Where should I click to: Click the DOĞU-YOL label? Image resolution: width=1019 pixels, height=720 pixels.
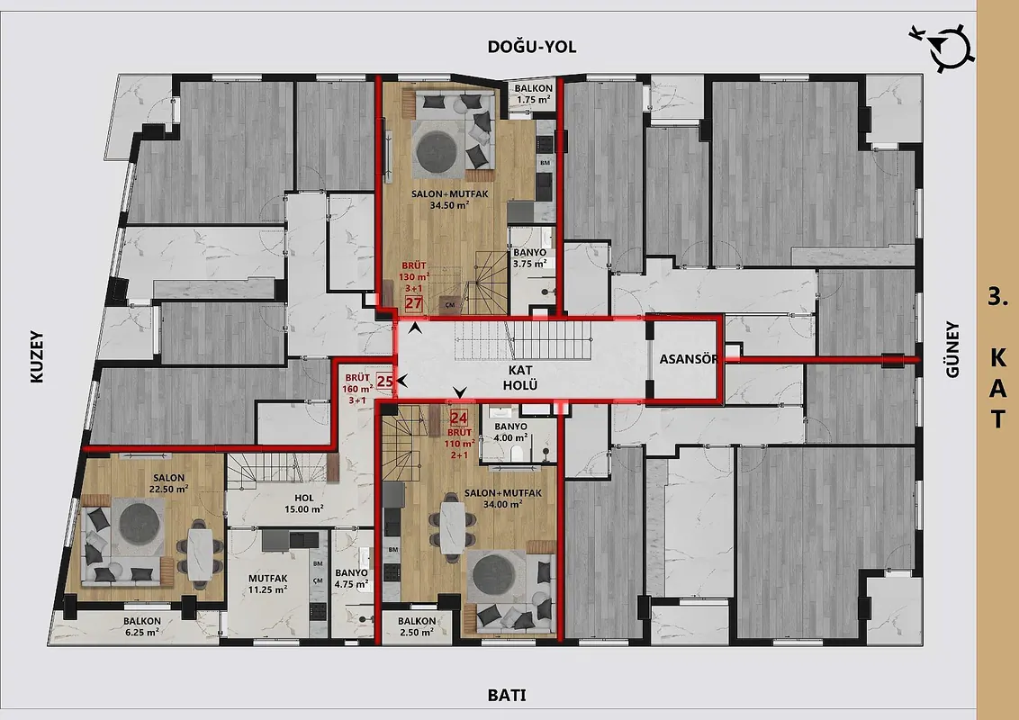pyautogui.click(x=532, y=46)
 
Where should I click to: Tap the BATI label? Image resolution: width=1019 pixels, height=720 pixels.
pyautogui.click(x=507, y=696)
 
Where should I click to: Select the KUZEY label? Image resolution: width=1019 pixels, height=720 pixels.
pyautogui.click(x=36, y=357)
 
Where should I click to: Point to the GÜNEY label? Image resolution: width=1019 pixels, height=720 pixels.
pyautogui.click(x=952, y=349)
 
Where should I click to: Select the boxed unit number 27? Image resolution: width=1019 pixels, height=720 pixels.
pyautogui.click(x=414, y=303)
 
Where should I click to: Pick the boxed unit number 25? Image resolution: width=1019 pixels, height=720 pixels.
pyautogui.click(x=385, y=382)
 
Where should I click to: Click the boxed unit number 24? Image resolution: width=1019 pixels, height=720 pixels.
pyautogui.click(x=459, y=418)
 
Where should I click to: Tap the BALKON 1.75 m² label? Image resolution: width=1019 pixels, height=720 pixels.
pyautogui.click(x=534, y=94)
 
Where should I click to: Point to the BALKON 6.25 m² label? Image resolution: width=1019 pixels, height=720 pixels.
pyautogui.click(x=141, y=626)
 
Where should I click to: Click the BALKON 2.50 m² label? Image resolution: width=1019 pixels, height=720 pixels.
pyautogui.click(x=417, y=626)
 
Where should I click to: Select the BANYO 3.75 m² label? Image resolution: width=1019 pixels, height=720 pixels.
pyautogui.click(x=529, y=258)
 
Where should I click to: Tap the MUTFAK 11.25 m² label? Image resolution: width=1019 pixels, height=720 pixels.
pyautogui.click(x=267, y=583)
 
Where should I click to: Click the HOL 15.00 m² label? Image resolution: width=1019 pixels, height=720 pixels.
pyautogui.click(x=304, y=504)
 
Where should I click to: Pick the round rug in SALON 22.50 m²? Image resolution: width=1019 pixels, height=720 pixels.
pyautogui.click(x=141, y=523)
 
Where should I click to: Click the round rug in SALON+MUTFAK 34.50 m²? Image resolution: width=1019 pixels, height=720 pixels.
pyautogui.click(x=438, y=151)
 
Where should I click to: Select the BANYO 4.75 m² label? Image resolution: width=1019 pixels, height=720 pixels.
pyautogui.click(x=352, y=579)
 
